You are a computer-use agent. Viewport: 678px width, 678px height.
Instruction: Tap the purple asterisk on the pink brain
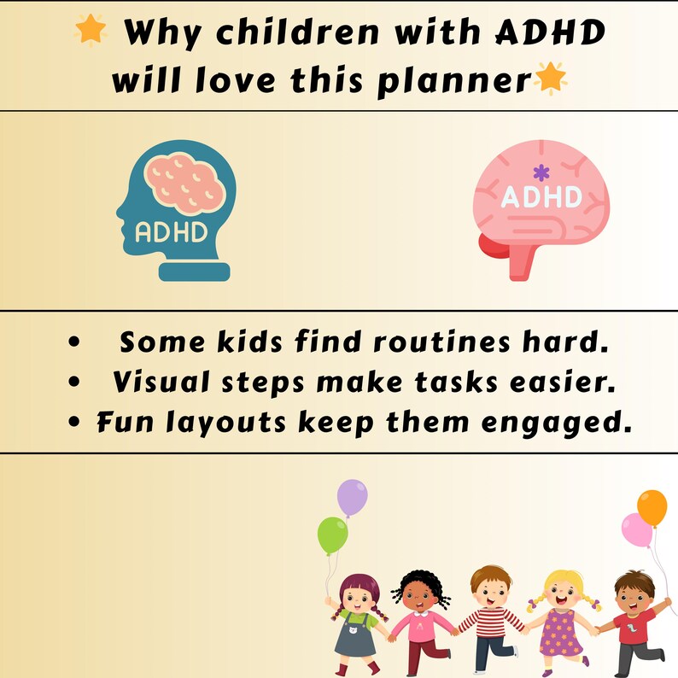click(540, 172)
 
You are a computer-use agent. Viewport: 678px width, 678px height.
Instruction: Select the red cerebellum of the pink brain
click(492, 248)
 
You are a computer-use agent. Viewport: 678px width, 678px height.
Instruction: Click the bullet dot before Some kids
click(74, 343)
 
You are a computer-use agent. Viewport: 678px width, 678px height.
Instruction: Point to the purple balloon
click(351, 496)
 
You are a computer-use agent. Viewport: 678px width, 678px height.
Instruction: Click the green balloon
click(332, 535)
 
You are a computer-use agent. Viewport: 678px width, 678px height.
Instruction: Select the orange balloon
click(652, 507)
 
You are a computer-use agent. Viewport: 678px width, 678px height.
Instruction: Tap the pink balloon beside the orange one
click(636, 530)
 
